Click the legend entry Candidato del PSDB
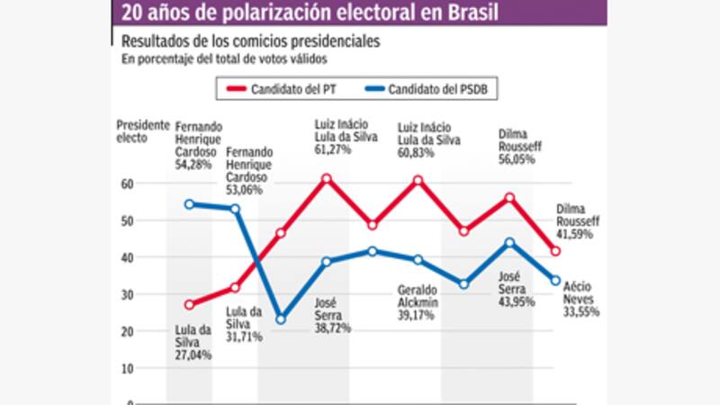pos(432,89)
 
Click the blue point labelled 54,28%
pos(189,204)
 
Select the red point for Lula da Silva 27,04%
pos(189,305)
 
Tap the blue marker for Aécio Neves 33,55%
pos(555,281)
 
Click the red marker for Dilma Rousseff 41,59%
pos(555,251)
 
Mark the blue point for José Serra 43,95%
pos(509,242)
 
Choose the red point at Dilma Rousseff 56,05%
pos(509,197)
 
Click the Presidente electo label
pos(143,132)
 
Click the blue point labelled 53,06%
pos(235,209)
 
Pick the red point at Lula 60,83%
pos(418,180)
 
